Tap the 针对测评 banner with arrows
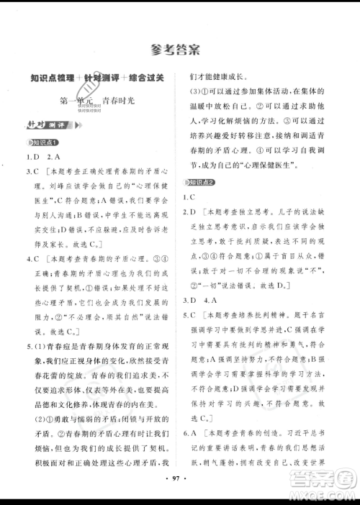[40, 124]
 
